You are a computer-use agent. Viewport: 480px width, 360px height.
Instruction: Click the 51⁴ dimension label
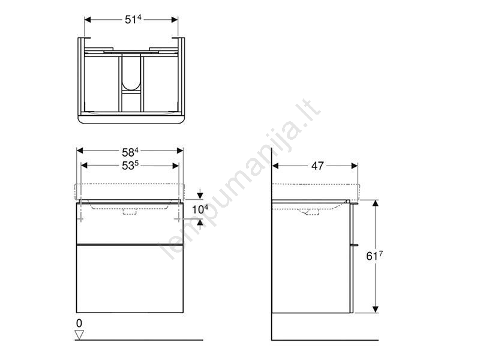(133, 19)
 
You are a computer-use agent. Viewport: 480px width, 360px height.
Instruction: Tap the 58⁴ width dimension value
(130, 152)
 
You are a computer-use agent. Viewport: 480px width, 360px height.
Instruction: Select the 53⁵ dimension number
(130, 166)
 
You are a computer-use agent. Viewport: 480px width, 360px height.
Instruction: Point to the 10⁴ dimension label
(200, 209)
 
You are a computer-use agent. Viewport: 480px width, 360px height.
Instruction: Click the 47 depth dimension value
(317, 166)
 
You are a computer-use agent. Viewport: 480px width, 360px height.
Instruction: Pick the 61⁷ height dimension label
(374, 256)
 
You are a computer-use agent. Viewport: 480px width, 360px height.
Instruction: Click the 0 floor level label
(79, 323)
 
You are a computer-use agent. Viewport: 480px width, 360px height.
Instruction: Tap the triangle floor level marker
(79, 335)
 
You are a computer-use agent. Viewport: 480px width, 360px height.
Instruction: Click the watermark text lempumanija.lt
(239, 181)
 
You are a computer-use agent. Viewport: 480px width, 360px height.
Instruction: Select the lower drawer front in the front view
(130, 278)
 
